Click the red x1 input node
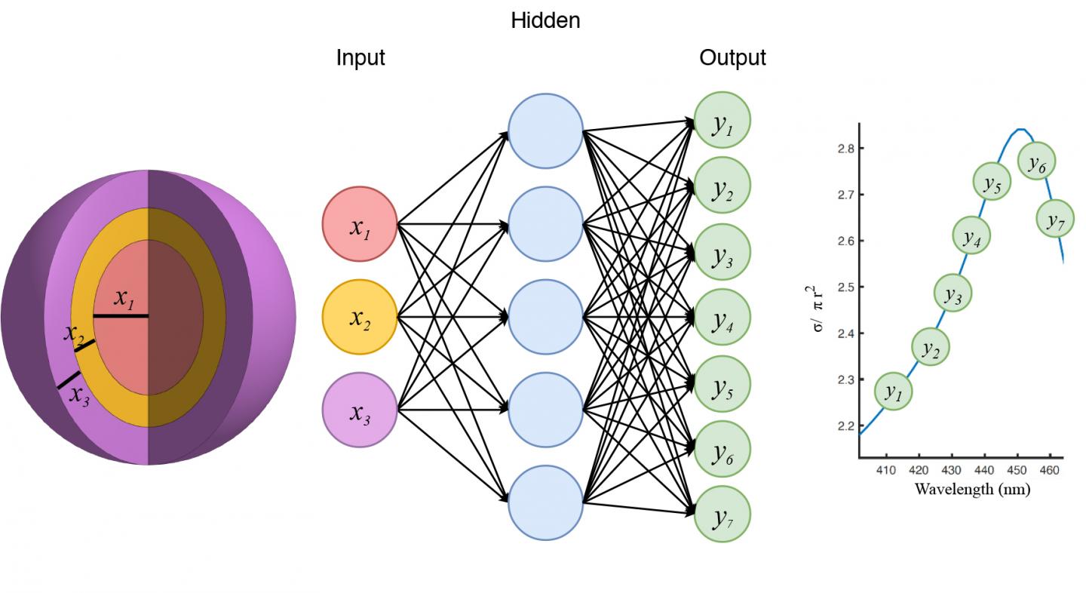tap(360, 223)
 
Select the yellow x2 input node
tap(360, 317)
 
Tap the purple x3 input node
tap(360, 410)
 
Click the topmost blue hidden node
tap(545, 131)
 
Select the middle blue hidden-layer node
tap(545, 317)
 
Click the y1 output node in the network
tap(722, 122)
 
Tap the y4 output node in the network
tap(722, 318)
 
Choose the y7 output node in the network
tap(722, 515)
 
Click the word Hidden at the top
tap(545, 21)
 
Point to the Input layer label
tap(360, 58)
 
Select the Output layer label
tap(732, 58)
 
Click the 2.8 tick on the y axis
tap(845, 149)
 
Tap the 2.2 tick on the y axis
tap(845, 426)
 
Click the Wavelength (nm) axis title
tap(972, 489)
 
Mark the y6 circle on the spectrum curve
tap(1036, 161)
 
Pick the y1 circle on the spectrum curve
tap(893, 391)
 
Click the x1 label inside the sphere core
tap(124, 299)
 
